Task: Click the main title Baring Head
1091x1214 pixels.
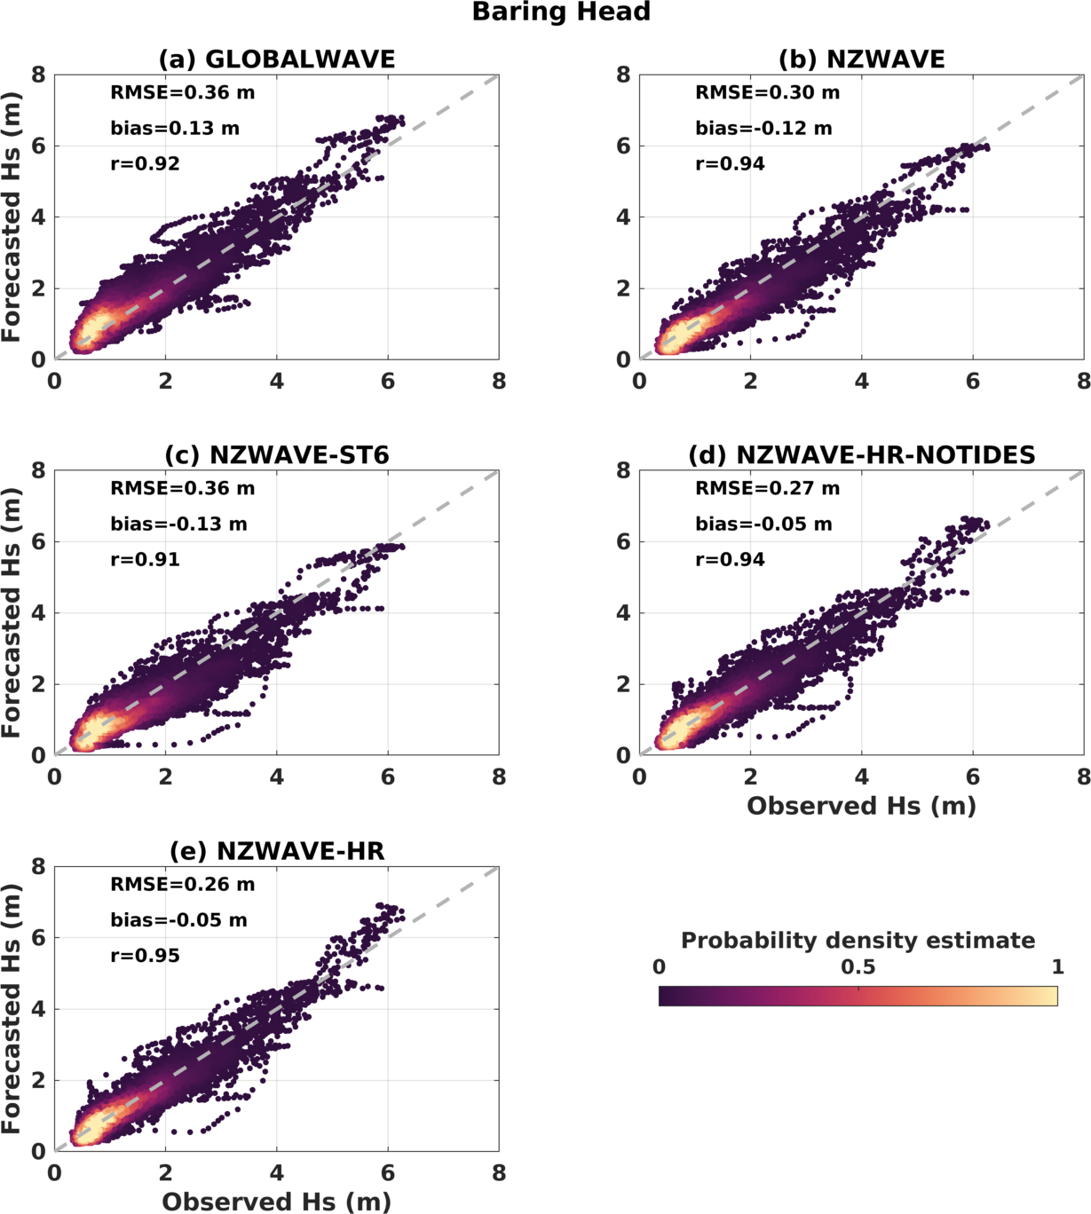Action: (561, 12)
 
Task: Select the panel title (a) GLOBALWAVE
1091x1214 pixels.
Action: (276, 59)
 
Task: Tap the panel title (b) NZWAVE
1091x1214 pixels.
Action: (861, 59)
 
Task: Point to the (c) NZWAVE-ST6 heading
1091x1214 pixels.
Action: (276, 455)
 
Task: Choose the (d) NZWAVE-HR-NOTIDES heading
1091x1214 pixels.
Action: (861, 455)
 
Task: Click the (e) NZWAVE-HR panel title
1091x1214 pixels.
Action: (276, 852)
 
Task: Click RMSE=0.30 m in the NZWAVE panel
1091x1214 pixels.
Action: (767, 93)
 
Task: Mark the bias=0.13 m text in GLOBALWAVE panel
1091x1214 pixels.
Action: (175, 129)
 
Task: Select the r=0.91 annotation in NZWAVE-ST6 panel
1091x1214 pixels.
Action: (145, 560)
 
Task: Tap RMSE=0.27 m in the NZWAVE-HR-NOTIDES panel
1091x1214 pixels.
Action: (767, 489)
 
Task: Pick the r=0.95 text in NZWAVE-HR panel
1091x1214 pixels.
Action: (145, 956)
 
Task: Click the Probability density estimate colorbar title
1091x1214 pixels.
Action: (858, 941)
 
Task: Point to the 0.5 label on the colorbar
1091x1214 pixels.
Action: (858, 967)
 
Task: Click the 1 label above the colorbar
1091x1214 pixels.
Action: (1057, 967)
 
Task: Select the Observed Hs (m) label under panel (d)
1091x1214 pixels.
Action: (861, 806)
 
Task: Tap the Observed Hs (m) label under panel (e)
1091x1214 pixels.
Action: (276, 1202)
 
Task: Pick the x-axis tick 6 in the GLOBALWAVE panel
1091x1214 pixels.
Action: (388, 382)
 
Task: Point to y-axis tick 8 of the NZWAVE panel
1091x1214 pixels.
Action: (624, 75)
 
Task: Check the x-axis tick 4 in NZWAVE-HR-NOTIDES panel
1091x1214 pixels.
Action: (862, 777)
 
